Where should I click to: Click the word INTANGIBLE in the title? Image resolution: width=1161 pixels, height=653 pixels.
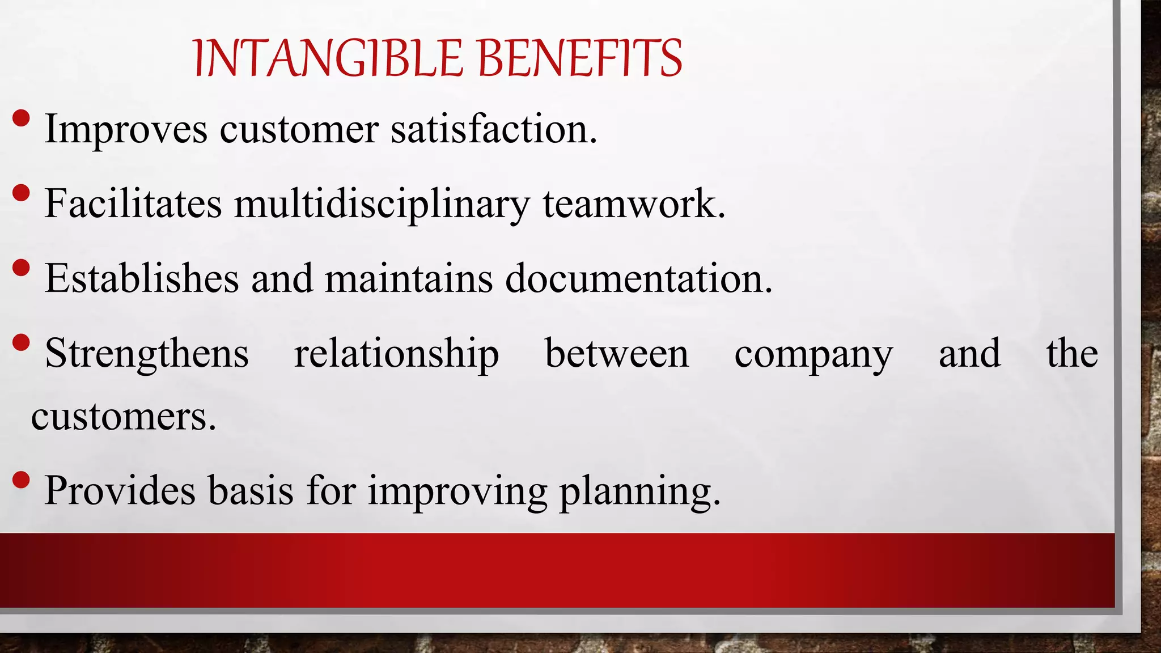point(328,58)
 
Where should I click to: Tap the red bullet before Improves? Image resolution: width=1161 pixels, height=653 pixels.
point(21,118)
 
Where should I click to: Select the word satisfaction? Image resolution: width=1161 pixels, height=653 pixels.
point(493,129)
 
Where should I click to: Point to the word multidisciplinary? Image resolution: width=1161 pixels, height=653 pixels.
point(382,204)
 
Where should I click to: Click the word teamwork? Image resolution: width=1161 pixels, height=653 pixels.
point(633,204)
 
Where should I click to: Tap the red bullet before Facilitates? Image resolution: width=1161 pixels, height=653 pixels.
point(21,193)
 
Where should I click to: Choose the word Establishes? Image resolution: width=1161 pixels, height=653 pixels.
point(142,278)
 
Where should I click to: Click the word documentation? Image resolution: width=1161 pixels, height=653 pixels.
point(638,278)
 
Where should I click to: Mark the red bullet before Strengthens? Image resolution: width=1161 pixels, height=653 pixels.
point(21,342)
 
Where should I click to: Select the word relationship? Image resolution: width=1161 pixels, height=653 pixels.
point(396,354)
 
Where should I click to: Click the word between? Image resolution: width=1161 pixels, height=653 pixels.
point(616,354)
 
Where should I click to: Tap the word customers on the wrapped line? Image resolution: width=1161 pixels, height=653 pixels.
point(123,417)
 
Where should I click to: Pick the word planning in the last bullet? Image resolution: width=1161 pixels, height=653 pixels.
point(639,491)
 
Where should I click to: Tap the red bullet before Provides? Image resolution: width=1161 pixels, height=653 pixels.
point(21,480)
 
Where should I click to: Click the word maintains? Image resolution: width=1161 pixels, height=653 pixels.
point(409,278)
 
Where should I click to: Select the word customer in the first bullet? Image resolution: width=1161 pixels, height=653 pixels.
point(299,129)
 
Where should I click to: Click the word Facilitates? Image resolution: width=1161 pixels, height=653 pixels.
point(133,203)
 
